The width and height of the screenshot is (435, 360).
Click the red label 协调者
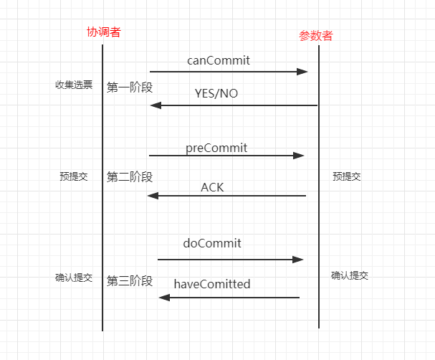102,32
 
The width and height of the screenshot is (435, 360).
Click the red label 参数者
316,36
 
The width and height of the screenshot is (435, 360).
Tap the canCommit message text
219,60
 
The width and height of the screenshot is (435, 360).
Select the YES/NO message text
216,93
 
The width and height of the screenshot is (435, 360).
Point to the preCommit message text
216,148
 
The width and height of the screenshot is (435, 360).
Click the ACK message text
212,187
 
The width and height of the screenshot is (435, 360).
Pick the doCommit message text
212,243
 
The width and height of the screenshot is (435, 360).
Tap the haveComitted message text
212,284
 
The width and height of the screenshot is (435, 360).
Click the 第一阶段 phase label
130,87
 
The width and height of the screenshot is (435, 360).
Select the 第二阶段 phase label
130,176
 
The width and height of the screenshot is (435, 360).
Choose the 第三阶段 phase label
130,280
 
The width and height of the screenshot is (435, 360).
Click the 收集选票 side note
74,85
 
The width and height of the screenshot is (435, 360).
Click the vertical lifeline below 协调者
102,215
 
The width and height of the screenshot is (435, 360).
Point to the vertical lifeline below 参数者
319,215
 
